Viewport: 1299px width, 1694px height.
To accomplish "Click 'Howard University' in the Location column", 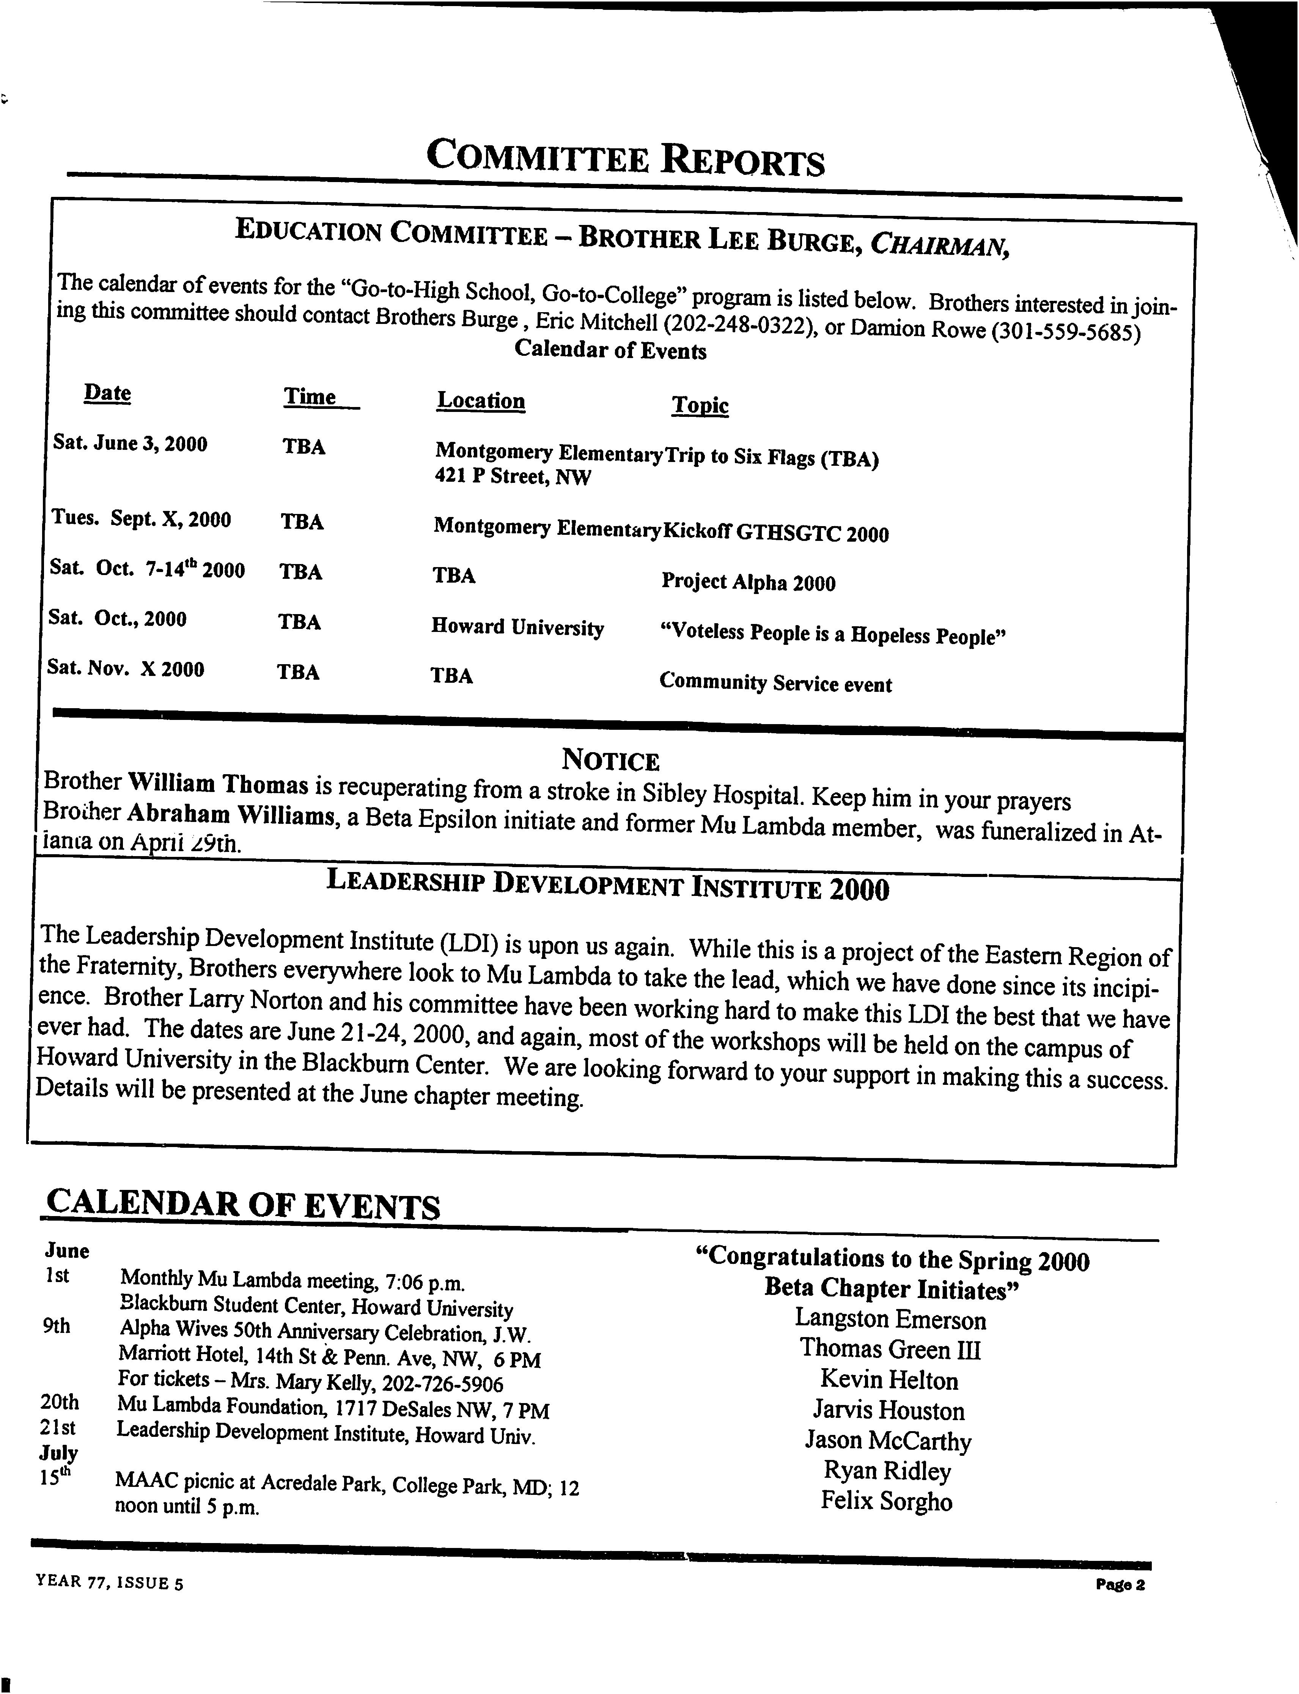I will click(x=517, y=627).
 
